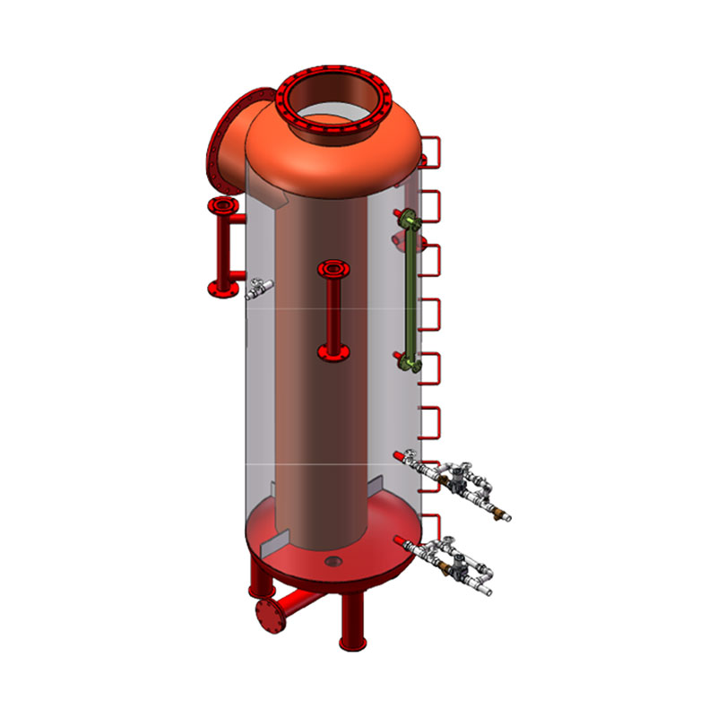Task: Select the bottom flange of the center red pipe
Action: (334, 352)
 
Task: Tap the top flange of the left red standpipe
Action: (222, 207)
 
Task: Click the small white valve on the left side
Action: (259, 287)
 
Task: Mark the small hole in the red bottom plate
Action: (333, 562)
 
